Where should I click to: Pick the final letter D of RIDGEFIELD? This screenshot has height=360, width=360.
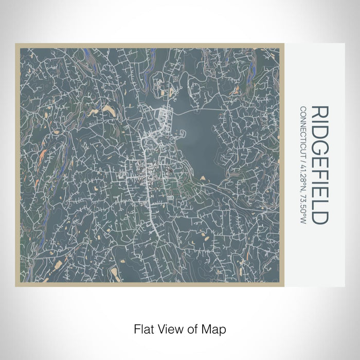(319, 217)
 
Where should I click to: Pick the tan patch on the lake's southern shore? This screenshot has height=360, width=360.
(204, 178)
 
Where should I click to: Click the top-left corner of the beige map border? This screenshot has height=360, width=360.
(16, 44)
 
